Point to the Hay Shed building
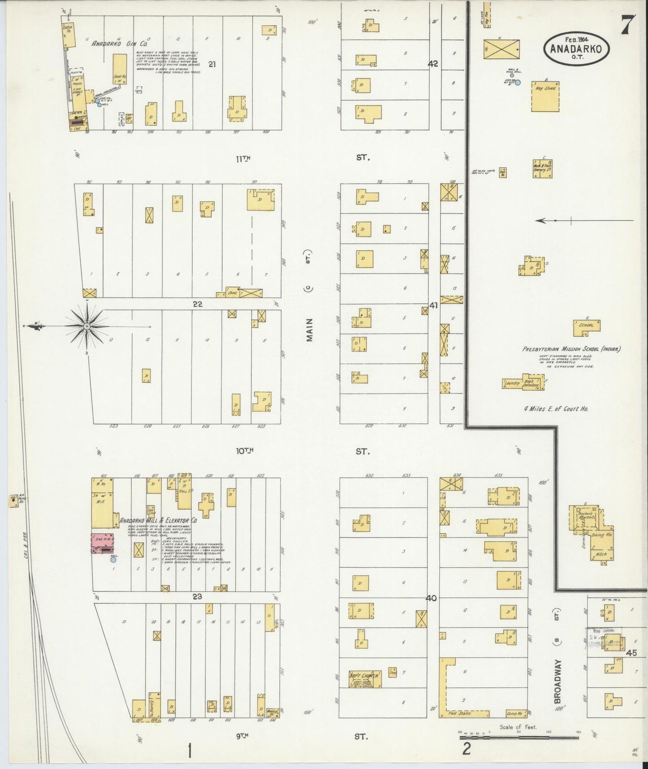click(545, 96)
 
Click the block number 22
click(197, 304)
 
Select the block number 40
click(431, 598)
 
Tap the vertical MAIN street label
click(309, 331)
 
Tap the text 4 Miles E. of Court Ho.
click(556, 408)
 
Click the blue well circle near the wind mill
click(518, 83)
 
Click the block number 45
click(632, 652)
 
